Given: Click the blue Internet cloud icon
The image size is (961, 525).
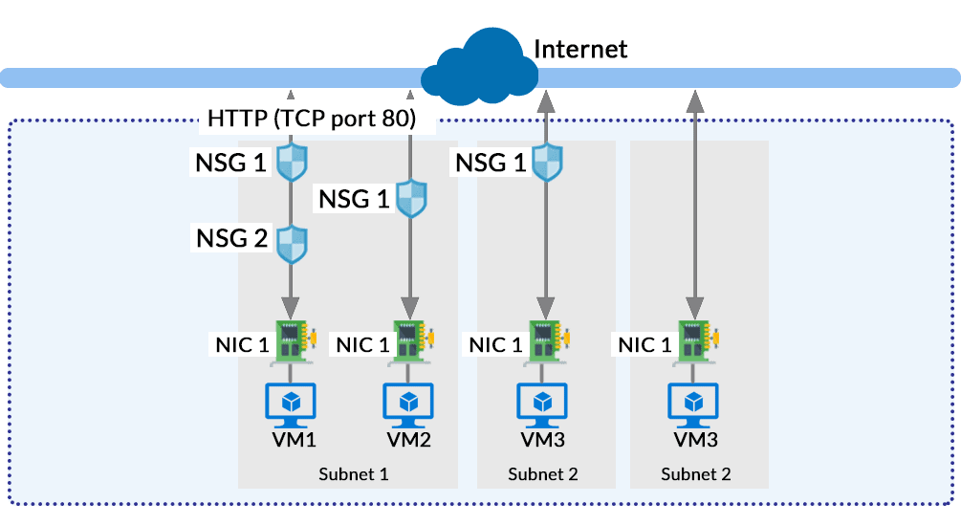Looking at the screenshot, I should tap(481, 66).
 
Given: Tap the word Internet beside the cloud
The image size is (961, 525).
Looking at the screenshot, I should tap(580, 49).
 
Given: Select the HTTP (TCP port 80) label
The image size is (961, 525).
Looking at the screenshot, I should tap(311, 119).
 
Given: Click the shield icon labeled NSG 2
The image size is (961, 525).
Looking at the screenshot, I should tap(291, 244).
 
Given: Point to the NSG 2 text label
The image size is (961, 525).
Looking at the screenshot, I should tap(230, 237).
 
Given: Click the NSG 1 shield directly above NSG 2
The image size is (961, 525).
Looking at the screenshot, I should tap(291, 163).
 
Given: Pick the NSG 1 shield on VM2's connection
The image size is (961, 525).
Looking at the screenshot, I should tap(410, 200).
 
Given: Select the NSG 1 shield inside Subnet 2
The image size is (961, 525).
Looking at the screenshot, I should tap(545, 163).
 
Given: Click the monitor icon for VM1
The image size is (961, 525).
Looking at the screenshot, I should tap(291, 403).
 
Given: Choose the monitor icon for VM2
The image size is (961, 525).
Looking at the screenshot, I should tap(409, 403).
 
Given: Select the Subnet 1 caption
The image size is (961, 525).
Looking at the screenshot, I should tap(354, 473).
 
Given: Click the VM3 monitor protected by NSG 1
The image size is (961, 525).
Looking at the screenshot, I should tap(543, 403).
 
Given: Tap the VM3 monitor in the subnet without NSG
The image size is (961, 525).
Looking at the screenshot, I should tap(695, 403).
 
